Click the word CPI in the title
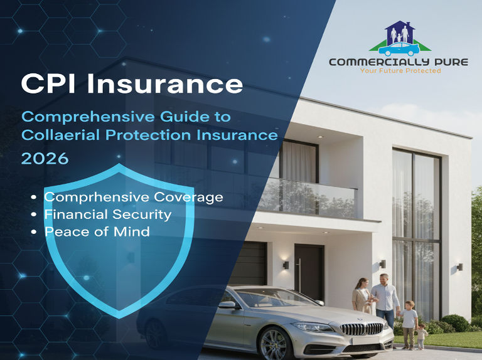48,83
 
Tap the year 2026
45,159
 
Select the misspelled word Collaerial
60,135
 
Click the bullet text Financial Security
108,214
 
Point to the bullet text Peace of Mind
97,231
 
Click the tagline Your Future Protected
400,71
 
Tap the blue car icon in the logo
399,49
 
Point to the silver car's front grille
361,329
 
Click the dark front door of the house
309,272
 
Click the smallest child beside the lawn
421,336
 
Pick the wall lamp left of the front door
286,265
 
